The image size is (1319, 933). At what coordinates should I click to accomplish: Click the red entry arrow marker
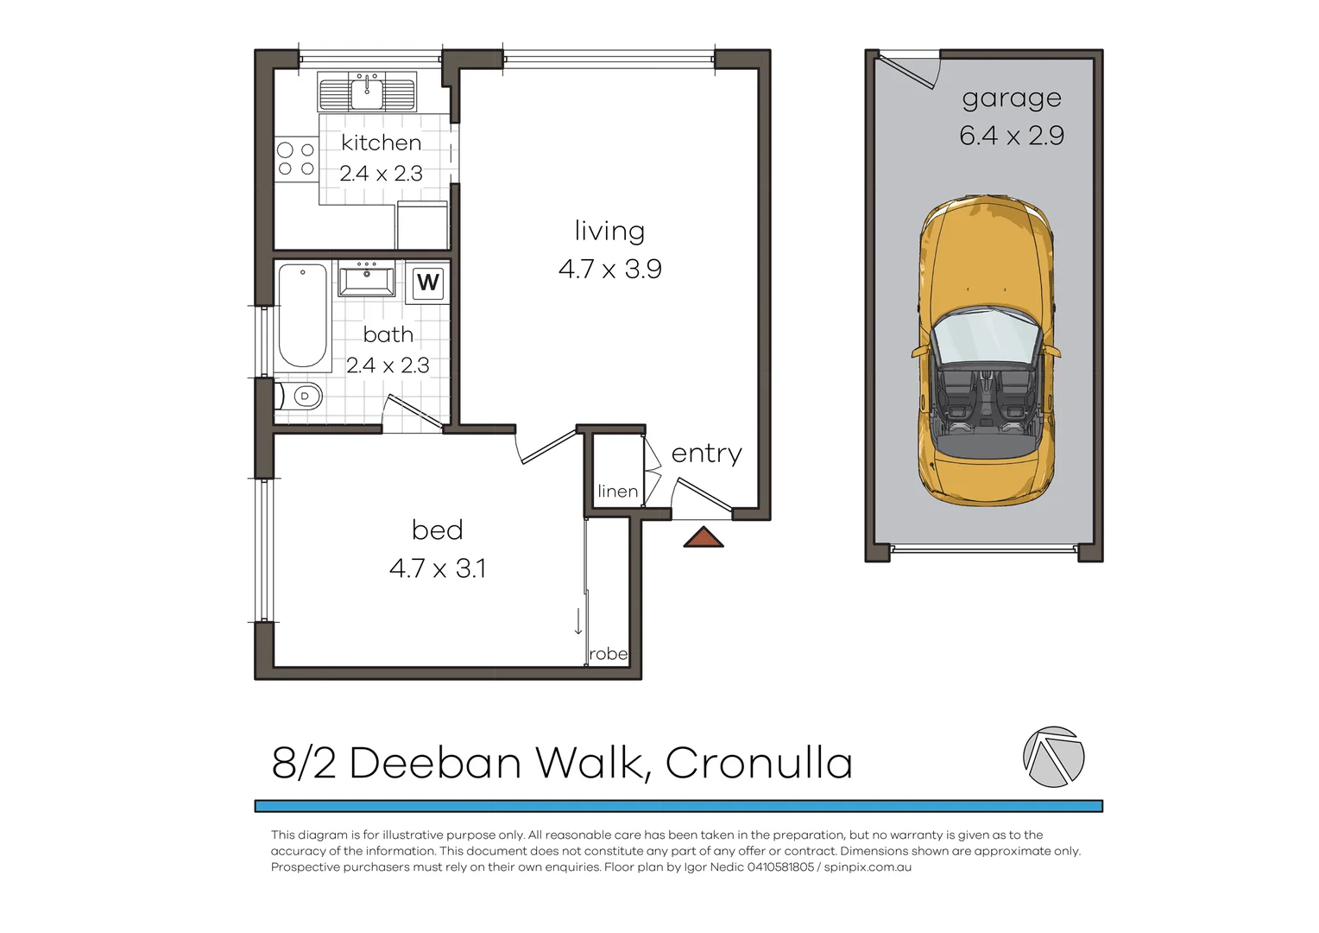coord(704,537)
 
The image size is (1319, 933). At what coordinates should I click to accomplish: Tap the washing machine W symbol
coord(427,282)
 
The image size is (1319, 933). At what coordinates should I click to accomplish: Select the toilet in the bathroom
coord(300,397)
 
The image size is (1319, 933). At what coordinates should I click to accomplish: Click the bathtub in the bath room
coord(302,315)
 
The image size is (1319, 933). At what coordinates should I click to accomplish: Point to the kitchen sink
coord(368,92)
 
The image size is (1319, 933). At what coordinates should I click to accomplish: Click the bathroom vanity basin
coord(367,281)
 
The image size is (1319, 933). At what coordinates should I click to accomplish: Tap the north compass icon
coord(1053,757)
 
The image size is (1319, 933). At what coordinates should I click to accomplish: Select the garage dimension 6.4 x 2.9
coord(1011,136)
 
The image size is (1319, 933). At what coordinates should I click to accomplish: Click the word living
coord(609,231)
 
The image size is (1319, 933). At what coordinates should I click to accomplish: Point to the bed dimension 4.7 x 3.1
coord(437,568)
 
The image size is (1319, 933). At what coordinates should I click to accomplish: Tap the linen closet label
coord(617,492)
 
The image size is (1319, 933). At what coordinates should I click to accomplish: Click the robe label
coord(609,654)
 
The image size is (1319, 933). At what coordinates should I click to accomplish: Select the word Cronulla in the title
coord(759,763)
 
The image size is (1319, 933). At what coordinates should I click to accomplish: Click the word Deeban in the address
coord(435,763)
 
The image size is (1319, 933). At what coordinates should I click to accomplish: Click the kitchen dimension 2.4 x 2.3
coord(381,174)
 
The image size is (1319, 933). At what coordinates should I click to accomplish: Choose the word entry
coord(706,454)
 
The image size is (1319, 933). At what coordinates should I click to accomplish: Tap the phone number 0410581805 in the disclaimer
coord(780,867)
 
